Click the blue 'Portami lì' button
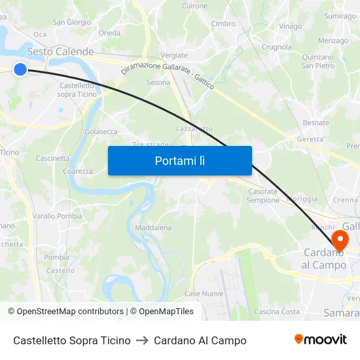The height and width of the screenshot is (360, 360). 179,160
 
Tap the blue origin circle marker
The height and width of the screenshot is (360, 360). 20,69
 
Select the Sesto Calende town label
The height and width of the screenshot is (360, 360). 60,52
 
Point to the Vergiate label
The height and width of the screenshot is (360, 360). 174,56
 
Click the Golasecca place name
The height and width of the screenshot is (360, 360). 101,132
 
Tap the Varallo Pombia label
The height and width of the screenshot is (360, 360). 58,216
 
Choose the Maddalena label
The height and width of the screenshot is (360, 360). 153,228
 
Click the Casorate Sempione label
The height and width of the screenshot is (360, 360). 263,196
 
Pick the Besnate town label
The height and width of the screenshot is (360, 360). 316,122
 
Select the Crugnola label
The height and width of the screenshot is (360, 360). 276,47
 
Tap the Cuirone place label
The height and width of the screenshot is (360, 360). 194,6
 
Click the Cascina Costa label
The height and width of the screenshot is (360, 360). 277,312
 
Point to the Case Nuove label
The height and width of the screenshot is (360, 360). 204,293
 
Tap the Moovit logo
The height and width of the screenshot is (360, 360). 321,340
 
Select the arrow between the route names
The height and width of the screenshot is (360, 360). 142,340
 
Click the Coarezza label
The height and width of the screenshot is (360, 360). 77,171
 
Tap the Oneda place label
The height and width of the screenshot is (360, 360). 109,33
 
